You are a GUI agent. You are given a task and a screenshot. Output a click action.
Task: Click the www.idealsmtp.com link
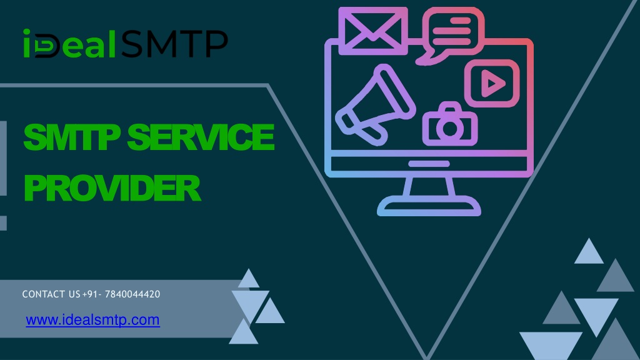[92, 320]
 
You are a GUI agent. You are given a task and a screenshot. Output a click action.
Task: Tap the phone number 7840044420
[132, 294]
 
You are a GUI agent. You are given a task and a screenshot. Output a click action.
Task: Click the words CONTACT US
[51, 294]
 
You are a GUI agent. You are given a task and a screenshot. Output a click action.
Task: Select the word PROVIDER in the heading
[112, 188]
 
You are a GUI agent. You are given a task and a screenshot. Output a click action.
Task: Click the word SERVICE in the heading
[201, 137]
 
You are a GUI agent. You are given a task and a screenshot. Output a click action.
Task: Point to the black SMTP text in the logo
[174, 44]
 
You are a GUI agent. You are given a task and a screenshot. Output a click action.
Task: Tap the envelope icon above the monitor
[372, 31]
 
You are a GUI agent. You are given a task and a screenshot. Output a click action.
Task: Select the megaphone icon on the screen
[375, 105]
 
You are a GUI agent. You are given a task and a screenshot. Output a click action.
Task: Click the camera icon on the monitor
[450, 124]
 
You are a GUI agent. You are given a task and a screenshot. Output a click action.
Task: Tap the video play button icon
[492, 83]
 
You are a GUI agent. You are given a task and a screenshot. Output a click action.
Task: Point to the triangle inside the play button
[492, 84]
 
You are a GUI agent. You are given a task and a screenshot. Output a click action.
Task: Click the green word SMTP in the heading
[72, 137]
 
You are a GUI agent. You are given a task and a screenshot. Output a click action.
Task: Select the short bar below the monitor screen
[429, 164]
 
